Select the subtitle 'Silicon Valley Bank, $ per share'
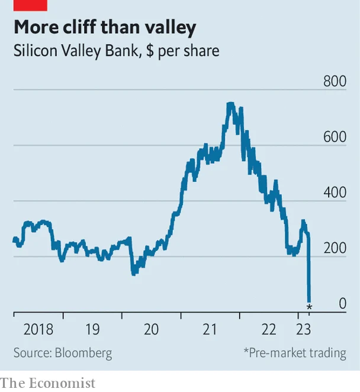(116, 51)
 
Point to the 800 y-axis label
(335, 81)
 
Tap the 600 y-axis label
(335, 137)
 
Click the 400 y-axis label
(335, 192)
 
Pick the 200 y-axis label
(335, 248)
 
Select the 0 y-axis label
(342, 304)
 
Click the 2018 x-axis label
(38, 329)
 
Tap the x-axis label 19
(92, 329)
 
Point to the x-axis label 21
(210, 329)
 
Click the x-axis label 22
(268, 329)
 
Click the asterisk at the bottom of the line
(308, 307)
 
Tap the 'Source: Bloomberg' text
(63, 353)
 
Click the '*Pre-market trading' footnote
(294, 353)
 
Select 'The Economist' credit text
(47, 383)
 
